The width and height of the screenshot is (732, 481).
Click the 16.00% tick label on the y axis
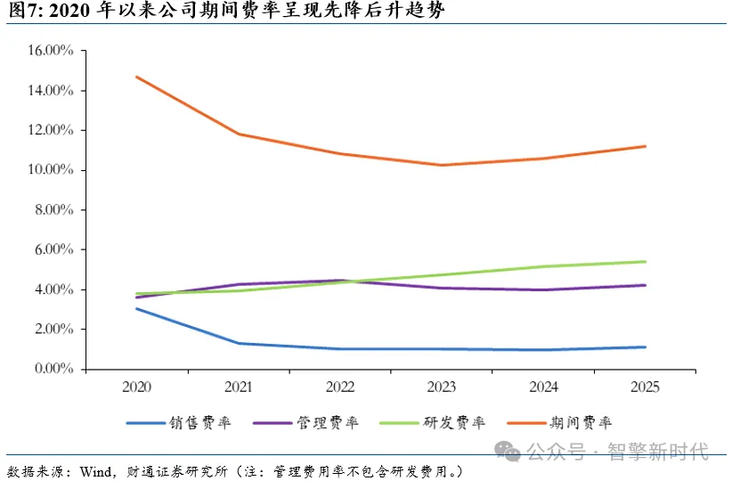(x=51, y=50)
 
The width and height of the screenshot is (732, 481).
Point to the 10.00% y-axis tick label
(x=51, y=169)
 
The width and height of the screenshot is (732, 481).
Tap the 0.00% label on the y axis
(x=54, y=369)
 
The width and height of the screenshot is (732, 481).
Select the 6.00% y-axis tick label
(x=54, y=249)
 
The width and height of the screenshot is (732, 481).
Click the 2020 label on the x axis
(x=137, y=387)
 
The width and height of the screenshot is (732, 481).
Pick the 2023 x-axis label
(x=442, y=387)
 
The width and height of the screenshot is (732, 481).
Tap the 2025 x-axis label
(x=645, y=387)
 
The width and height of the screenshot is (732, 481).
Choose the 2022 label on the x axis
(x=340, y=387)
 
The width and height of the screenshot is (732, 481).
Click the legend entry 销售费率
(x=179, y=422)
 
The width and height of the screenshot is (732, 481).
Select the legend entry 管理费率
(x=305, y=422)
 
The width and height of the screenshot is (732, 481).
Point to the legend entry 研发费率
(x=433, y=422)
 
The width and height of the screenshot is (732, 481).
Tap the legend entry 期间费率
(x=559, y=422)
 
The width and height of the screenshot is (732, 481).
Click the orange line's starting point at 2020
(x=137, y=77)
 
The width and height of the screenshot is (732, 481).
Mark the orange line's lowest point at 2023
(x=442, y=165)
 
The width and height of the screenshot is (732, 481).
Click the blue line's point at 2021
(x=239, y=343)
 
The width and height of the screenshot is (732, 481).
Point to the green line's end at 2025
(x=645, y=262)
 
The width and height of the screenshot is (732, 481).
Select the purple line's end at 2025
(x=645, y=285)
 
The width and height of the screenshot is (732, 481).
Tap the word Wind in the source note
(x=95, y=471)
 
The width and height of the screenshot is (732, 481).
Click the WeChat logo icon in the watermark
(x=507, y=451)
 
